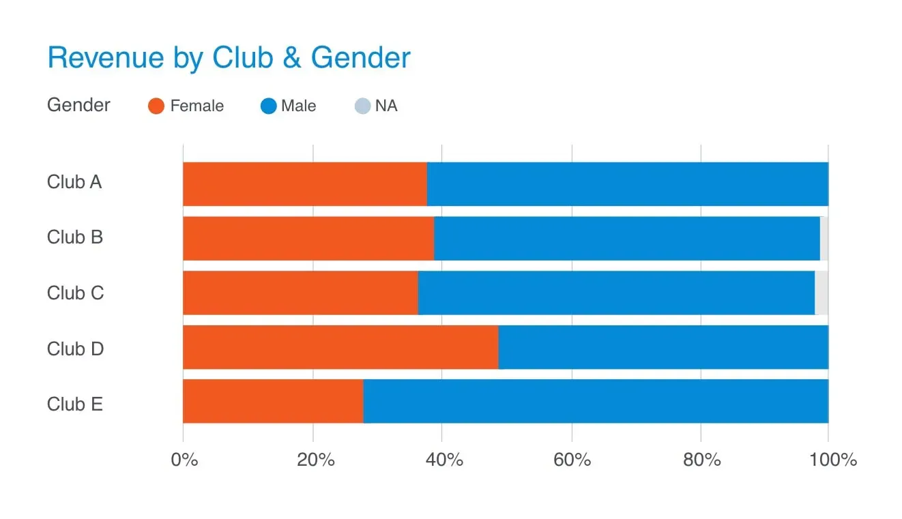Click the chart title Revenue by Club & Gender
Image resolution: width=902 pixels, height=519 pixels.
click(229, 58)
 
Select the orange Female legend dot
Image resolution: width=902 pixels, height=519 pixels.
click(156, 106)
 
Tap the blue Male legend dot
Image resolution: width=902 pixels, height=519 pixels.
click(268, 106)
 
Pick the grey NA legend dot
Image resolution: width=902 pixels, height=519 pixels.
click(363, 106)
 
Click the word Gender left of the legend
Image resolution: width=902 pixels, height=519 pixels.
click(78, 105)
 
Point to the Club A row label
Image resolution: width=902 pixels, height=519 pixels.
click(74, 183)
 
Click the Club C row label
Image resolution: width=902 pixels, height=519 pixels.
click(75, 293)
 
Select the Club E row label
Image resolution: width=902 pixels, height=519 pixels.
click(75, 404)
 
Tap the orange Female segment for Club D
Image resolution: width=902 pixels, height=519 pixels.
click(340, 347)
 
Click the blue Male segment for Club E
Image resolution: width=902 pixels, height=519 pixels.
click(595, 401)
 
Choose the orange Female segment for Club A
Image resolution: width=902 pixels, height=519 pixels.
click(304, 183)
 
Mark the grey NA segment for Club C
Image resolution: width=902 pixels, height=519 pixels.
click(821, 293)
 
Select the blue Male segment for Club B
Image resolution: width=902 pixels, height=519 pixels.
click(626, 238)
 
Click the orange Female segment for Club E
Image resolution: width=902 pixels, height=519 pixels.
click(272, 401)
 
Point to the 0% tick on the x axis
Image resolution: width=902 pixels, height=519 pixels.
click(184, 460)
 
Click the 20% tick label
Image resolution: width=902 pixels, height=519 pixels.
click(316, 460)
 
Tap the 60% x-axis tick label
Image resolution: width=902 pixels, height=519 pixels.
click(572, 460)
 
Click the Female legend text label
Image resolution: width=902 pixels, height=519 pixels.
click(197, 106)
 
